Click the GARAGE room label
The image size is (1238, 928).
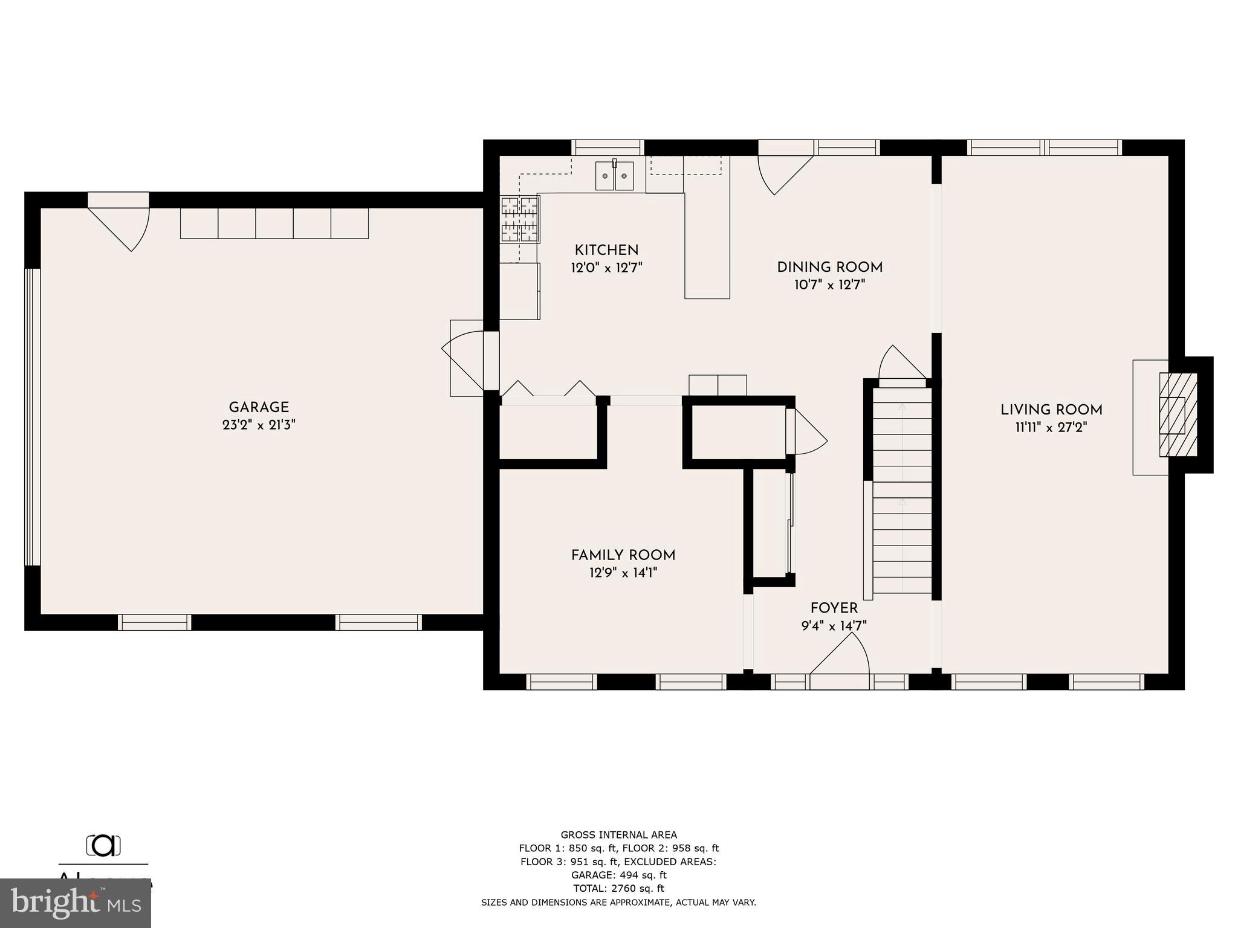pyautogui.click(x=259, y=407)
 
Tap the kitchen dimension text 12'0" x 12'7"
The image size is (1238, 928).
pyautogui.click(x=606, y=268)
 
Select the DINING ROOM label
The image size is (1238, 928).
pyautogui.click(x=829, y=267)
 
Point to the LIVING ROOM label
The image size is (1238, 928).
pyautogui.click(x=1051, y=410)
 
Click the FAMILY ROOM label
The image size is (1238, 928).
pyautogui.click(x=623, y=555)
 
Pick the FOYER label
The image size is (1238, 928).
pyautogui.click(x=834, y=608)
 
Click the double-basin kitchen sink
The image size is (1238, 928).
pyautogui.click(x=615, y=176)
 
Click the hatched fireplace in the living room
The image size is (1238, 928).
pyautogui.click(x=1178, y=414)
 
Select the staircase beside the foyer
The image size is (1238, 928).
pyautogui.click(x=902, y=489)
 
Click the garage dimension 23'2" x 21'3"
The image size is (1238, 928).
pyautogui.click(x=259, y=425)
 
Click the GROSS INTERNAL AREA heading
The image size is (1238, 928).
pyautogui.click(x=618, y=835)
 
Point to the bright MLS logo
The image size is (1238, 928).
pyautogui.click(x=76, y=903)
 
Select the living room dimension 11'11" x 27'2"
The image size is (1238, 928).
pyautogui.click(x=1051, y=428)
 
